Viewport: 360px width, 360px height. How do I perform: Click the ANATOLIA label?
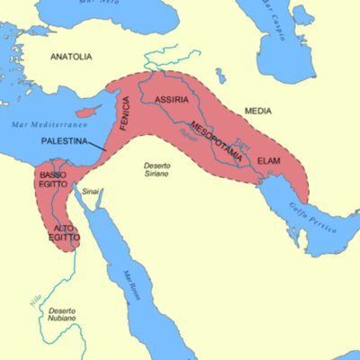tap(70, 57)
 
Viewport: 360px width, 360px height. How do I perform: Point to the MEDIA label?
tap(257, 112)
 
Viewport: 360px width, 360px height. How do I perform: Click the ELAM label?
tap(269, 160)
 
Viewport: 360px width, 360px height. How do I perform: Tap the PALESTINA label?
tap(67, 142)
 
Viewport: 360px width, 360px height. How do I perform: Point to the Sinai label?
tap(91, 192)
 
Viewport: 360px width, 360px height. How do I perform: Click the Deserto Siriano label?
tap(165, 170)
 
